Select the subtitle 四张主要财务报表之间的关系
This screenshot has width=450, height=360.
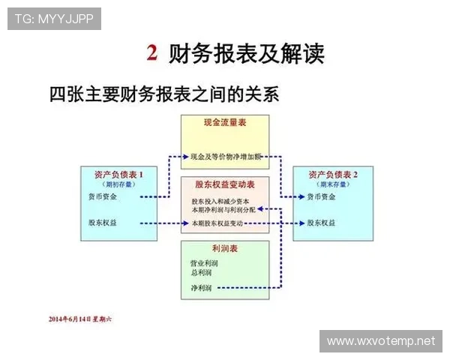(x=163, y=94)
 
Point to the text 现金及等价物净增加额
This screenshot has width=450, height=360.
(x=225, y=157)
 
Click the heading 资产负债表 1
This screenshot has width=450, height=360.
(x=120, y=174)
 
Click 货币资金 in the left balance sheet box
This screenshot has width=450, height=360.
(x=103, y=196)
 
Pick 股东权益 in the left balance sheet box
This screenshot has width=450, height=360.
(x=103, y=223)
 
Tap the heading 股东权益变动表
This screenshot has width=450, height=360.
(x=225, y=184)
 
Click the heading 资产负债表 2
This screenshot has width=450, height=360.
(x=333, y=174)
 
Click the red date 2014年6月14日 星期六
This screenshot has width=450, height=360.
(x=78, y=319)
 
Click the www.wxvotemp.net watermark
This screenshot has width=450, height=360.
(x=381, y=340)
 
